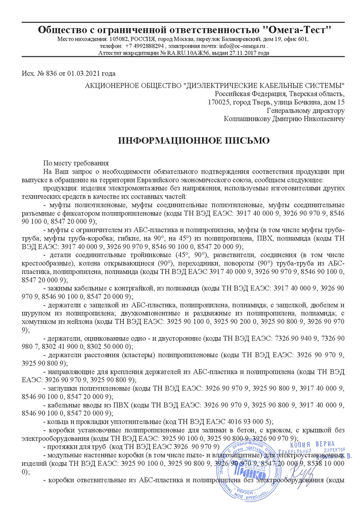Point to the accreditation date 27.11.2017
(240, 53)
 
